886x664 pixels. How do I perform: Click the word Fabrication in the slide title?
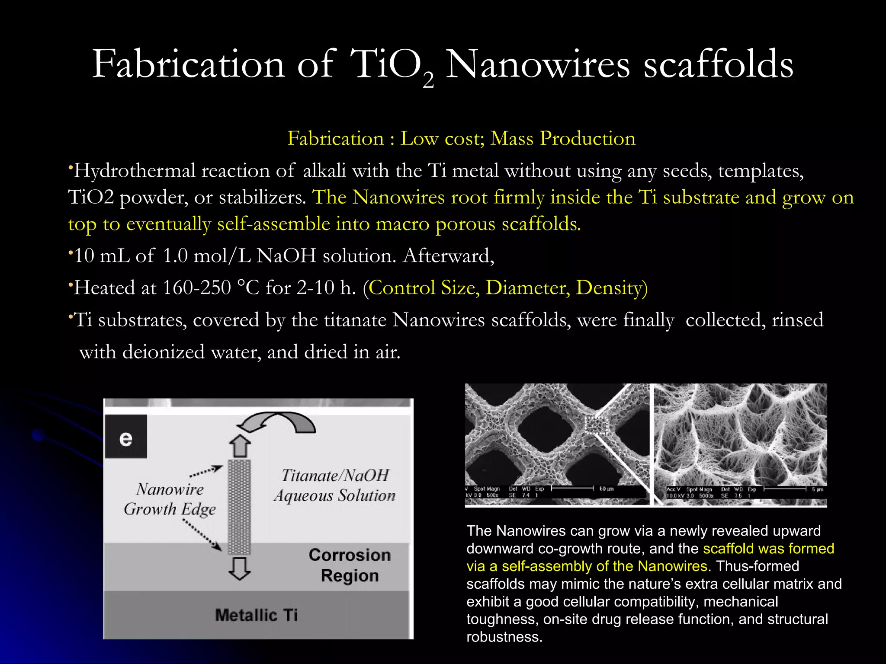point(188,65)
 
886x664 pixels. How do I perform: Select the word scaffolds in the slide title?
point(718,65)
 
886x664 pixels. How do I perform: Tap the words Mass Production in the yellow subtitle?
point(563,139)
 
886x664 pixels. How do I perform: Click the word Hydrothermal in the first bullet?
point(135,171)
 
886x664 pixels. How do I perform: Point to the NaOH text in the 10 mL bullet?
point(286,256)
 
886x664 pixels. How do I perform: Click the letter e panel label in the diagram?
point(126,437)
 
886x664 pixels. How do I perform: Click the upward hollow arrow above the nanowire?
point(240,446)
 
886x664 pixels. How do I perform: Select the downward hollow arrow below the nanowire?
point(240,568)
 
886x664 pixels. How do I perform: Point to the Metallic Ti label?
point(257,615)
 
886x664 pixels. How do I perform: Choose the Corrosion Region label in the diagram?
point(350,565)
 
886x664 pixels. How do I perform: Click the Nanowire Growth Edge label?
point(170,499)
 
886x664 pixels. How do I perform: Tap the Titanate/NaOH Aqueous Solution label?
point(334,485)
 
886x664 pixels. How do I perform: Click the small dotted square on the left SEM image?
point(596,425)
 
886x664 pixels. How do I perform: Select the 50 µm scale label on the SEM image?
point(606,489)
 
